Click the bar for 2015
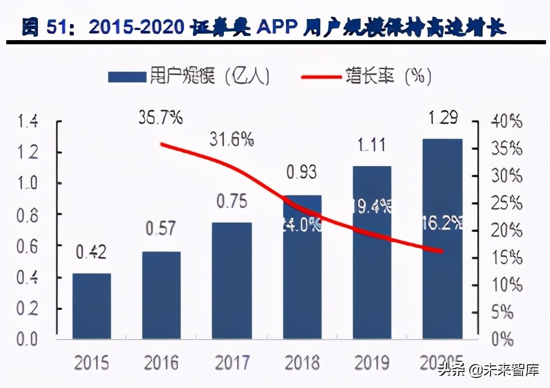[x=92, y=306]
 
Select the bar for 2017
[x=232, y=280]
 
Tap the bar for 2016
[x=162, y=295]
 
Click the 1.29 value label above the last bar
[x=442, y=117]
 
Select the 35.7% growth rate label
[x=161, y=117]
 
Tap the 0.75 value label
[x=232, y=201]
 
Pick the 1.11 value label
[x=371, y=145]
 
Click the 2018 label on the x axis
[x=302, y=363]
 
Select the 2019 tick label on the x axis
[x=371, y=363]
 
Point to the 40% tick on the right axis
[x=506, y=122]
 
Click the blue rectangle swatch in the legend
[x=126, y=77]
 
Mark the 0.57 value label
[x=161, y=230]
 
